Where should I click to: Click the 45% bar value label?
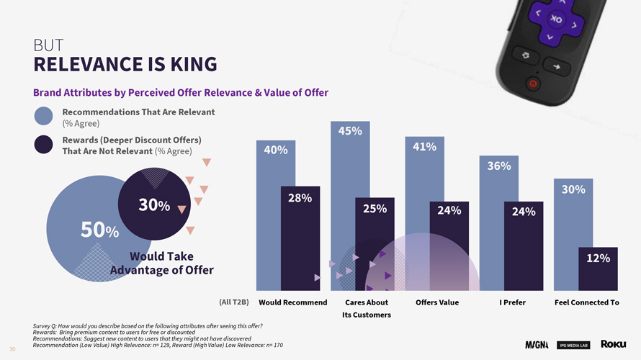(x=350, y=131)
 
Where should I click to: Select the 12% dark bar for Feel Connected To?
(x=597, y=266)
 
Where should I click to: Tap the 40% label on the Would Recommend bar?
(x=276, y=150)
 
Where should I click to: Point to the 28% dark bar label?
(x=300, y=198)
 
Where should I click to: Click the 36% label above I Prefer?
(x=499, y=166)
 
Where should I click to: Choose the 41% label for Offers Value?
(x=424, y=147)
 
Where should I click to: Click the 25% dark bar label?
(x=375, y=209)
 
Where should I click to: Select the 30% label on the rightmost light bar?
(x=573, y=189)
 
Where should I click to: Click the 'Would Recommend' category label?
(x=292, y=302)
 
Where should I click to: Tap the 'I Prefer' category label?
(x=512, y=302)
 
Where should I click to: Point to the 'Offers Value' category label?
(x=437, y=302)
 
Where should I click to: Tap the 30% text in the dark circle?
(x=154, y=205)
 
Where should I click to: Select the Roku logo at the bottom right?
(x=613, y=343)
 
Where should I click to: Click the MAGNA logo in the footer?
(x=537, y=344)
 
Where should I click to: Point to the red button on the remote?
(x=532, y=84)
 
